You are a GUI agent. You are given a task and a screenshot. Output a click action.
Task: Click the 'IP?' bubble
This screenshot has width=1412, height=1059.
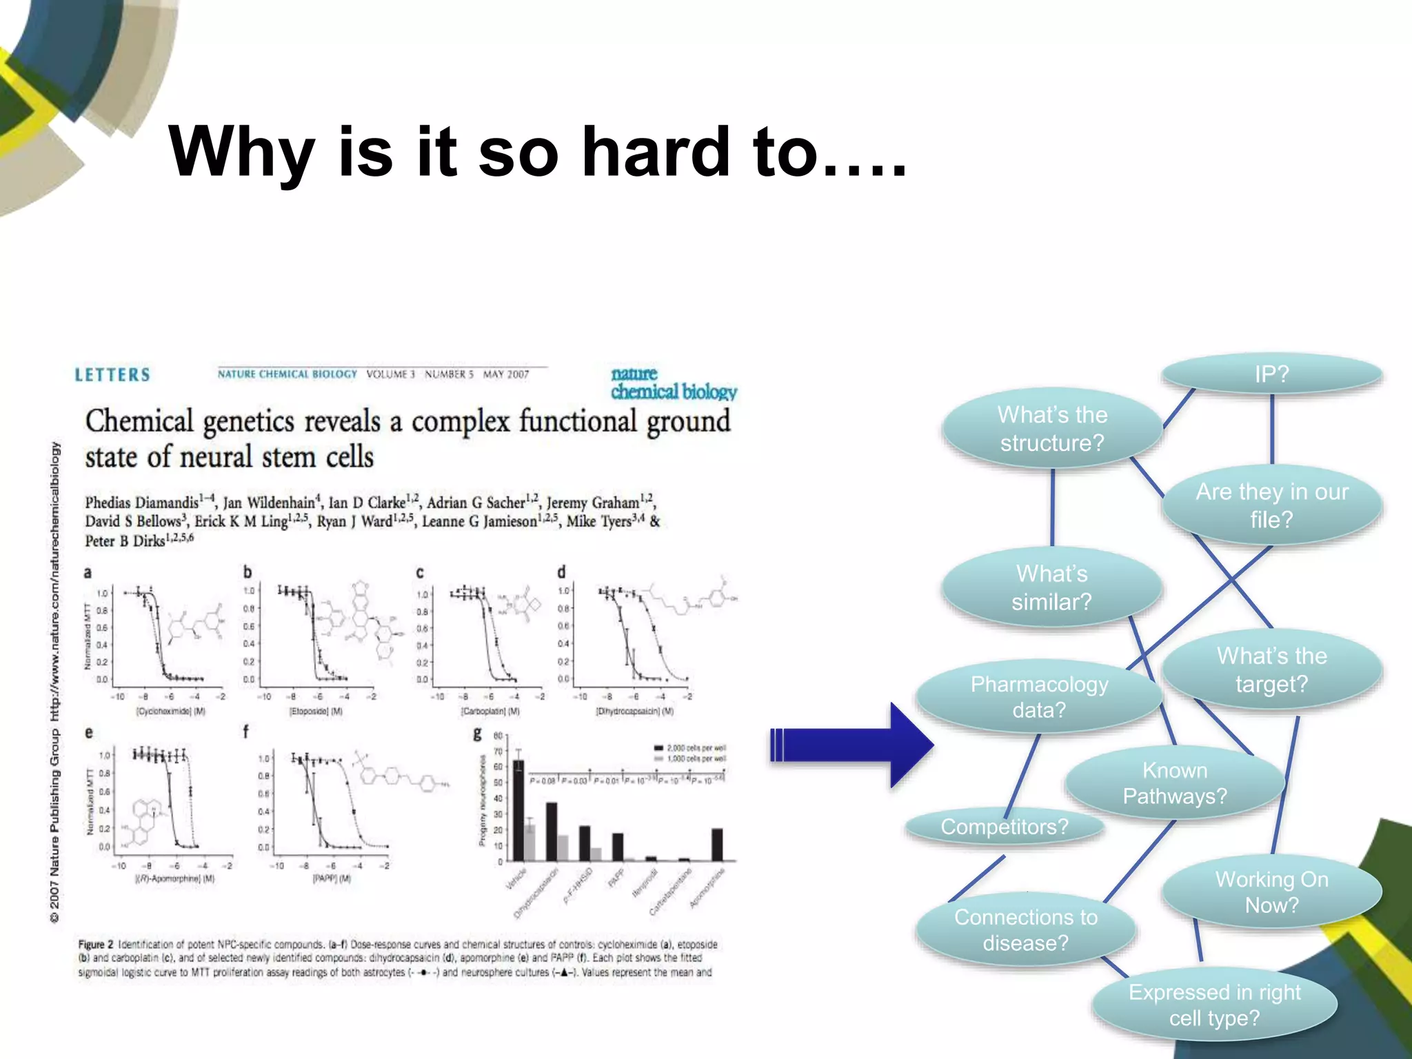1271,374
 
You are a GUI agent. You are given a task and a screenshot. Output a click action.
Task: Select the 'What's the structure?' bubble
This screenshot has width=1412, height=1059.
1052,428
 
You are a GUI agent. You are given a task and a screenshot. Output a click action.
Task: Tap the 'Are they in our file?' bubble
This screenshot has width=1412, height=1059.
1271,505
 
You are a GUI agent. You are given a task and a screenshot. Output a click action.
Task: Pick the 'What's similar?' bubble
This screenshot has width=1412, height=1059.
1051,587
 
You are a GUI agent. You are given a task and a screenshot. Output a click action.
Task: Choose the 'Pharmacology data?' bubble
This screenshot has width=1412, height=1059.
1039,696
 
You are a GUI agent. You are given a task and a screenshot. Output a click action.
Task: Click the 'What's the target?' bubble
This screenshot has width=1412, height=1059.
1271,669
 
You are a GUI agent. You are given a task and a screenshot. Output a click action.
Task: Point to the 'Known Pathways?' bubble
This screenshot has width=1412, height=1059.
1175,783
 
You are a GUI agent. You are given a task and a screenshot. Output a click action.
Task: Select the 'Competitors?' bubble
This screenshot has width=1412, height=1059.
1004,826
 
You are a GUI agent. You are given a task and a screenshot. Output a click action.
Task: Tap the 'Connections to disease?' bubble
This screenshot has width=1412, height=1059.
1025,930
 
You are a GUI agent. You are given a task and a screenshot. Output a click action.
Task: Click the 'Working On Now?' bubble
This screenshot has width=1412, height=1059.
1271,892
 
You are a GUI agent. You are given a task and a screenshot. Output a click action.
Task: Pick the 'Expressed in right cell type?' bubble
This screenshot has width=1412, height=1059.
1214,1005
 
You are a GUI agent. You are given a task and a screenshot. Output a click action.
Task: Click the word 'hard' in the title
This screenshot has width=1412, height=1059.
655,152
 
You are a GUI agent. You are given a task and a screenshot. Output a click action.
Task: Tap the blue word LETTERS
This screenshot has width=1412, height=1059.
112,375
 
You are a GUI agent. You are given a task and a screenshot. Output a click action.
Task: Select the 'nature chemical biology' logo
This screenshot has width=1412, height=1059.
673,383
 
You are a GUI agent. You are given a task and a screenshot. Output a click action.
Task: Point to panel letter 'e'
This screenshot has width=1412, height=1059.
88,732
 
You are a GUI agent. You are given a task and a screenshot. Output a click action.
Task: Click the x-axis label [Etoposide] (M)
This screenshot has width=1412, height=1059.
316,711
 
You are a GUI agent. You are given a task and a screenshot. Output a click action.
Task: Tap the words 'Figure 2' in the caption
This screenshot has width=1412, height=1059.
95,944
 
